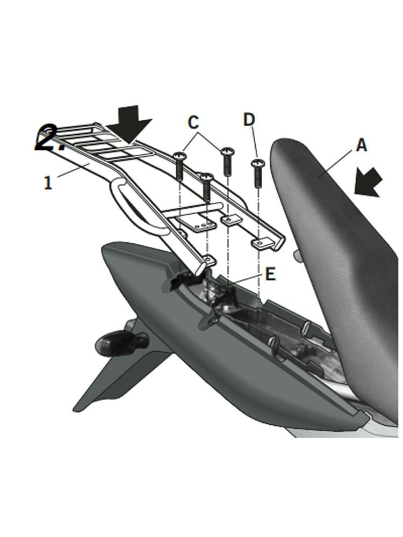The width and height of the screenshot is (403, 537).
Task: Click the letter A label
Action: [x=362, y=145]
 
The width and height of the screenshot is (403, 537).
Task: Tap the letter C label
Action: [x=193, y=122]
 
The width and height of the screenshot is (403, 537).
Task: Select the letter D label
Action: [x=248, y=120]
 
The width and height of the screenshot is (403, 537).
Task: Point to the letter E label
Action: [x=270, y=275]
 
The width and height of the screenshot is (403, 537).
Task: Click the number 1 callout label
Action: [x=48, y=183]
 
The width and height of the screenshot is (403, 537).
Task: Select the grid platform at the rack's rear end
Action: [x=99, y=141]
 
